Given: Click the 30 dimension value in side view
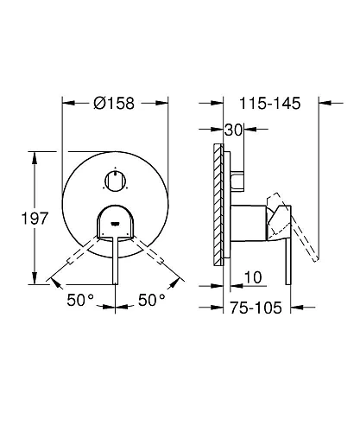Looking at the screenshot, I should point(230,130).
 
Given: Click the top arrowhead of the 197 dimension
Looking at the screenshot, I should point(34,155).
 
